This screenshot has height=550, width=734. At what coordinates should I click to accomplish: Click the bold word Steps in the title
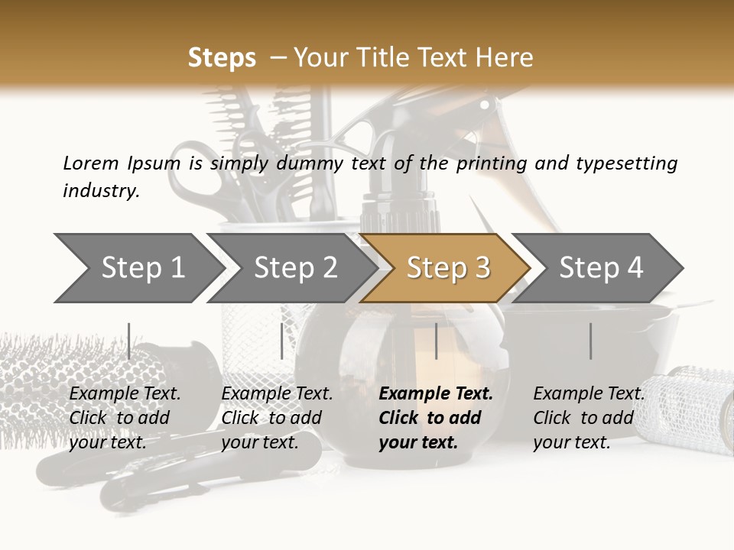click(222, 57)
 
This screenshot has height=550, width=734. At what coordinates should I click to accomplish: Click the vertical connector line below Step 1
click(129, 341)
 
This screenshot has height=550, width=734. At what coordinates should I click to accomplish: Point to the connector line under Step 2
click(282, 341)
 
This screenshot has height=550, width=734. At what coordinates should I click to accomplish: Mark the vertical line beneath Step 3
click(437, 341)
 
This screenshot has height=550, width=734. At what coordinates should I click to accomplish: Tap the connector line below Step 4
click(590, 341)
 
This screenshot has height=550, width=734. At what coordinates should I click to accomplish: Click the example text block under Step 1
click(125, 418)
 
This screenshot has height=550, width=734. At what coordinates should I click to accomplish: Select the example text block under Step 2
click(277, 418)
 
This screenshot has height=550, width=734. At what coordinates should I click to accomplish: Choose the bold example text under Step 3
click(436, 418)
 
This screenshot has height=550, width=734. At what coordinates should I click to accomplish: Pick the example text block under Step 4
click(589, 418)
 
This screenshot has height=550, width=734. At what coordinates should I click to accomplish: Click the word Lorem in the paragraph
click(91, 163)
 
